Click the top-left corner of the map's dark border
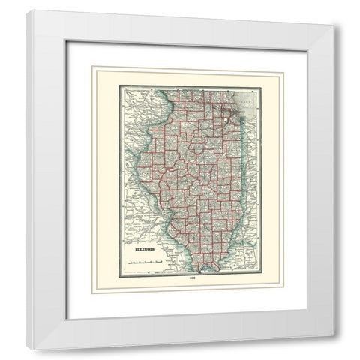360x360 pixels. coord(122,88)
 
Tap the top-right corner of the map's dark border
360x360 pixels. coord(261,88)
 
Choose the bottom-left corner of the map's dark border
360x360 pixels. coord(122,274)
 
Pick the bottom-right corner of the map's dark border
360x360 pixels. coord(261,274)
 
